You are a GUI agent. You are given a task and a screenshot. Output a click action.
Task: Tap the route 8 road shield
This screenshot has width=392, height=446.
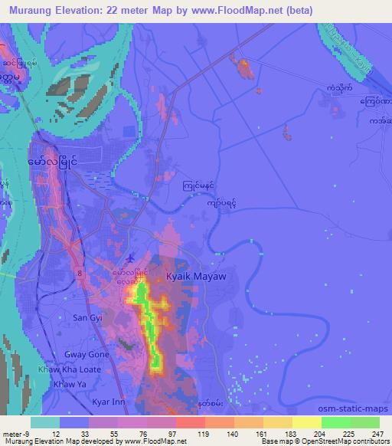pyautogui.click(x=79, y=271)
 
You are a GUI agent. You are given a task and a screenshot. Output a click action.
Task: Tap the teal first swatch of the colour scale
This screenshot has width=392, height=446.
pyautogui.click(x=45, y=422)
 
